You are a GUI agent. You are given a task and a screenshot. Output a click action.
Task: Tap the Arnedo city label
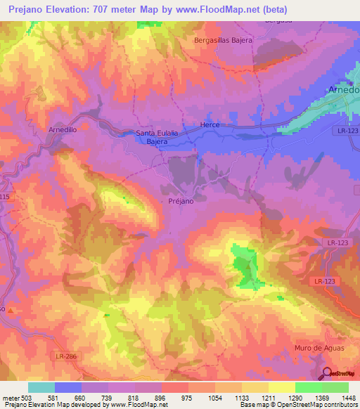[344, 90]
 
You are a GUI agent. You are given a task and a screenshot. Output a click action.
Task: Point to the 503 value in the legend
[27, 397]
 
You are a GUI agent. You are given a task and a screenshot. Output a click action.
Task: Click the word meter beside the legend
[10, 397]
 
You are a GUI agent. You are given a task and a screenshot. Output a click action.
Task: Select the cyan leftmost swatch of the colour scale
[41, 387]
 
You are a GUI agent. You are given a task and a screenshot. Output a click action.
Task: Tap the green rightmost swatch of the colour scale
[335, 387]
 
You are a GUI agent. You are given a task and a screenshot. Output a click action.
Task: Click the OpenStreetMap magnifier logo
[326, 373]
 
